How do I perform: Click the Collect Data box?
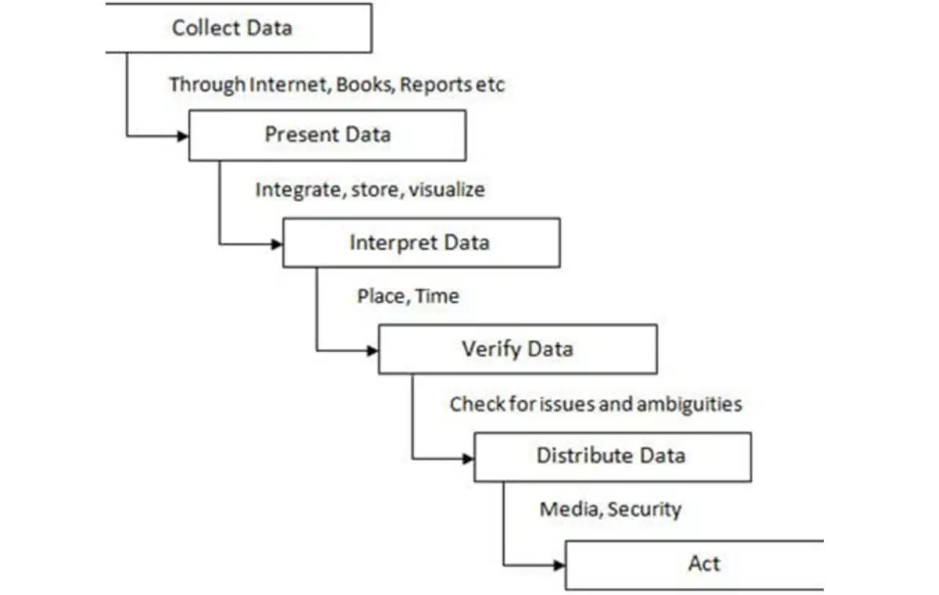click(x=235, y=28)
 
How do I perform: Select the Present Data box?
click(x=327, y=135)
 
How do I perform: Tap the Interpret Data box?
click(x=420, y=242)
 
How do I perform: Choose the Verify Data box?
click(x=516, y=348)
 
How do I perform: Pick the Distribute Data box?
click(x=611, y=456)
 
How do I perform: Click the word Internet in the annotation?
click(x=289, y=85)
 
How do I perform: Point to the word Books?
click(x=365, y=85)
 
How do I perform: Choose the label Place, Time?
click(x=408, y=297)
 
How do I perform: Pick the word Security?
click(x=644, y=510)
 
